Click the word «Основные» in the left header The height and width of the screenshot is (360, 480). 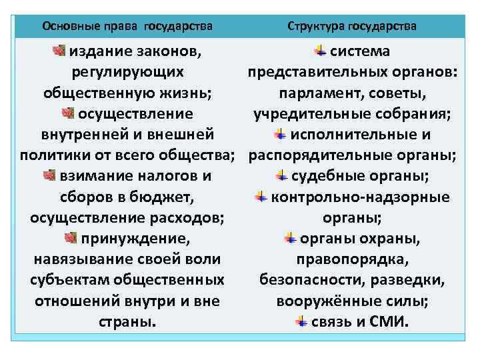tap(67, 27)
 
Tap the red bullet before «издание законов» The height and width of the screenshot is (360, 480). tap(59, 51)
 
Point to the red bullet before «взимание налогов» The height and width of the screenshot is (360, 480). tap(49, 176)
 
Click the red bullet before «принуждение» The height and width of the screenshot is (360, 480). tap(71, 238)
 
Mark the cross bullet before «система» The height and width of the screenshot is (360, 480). tap(320, 51)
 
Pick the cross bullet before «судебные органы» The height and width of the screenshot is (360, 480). tap(281, 176)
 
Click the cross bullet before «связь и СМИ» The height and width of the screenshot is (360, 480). tap(302, 322)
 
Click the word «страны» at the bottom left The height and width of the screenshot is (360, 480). tap(124, 322)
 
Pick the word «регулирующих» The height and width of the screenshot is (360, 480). tap(127, 72)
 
